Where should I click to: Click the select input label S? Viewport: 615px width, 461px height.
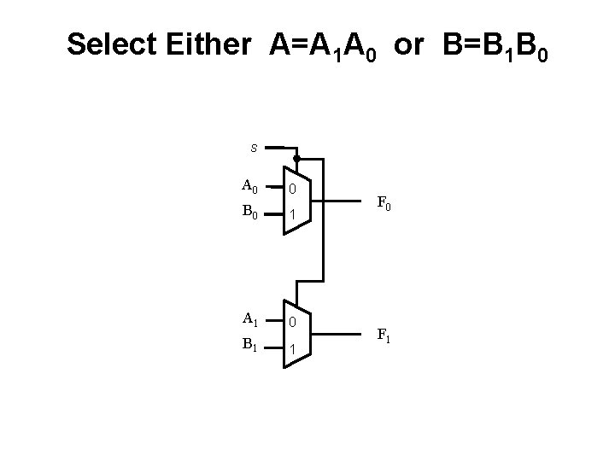[254, 148]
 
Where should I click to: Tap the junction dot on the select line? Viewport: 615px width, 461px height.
[296, 159]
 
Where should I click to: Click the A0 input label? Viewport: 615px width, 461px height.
[249, 185]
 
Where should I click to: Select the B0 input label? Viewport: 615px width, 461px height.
[249, 212]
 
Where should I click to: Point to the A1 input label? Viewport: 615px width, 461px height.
[249, 319]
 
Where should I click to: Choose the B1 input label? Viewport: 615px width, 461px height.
[249, 346]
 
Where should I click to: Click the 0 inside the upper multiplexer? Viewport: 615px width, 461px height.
[292, 189]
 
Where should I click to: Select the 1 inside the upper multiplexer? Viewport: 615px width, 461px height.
[292, 215]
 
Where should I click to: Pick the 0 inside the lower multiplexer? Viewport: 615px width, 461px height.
[292, 323]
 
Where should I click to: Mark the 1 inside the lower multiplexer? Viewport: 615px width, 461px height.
[292, 349]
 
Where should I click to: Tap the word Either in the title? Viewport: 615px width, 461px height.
[209, 44]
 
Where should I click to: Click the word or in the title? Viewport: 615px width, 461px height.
[408, 44]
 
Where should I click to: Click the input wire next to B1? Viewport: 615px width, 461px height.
[274, 347]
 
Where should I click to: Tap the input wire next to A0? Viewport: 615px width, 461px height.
[274, 186]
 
